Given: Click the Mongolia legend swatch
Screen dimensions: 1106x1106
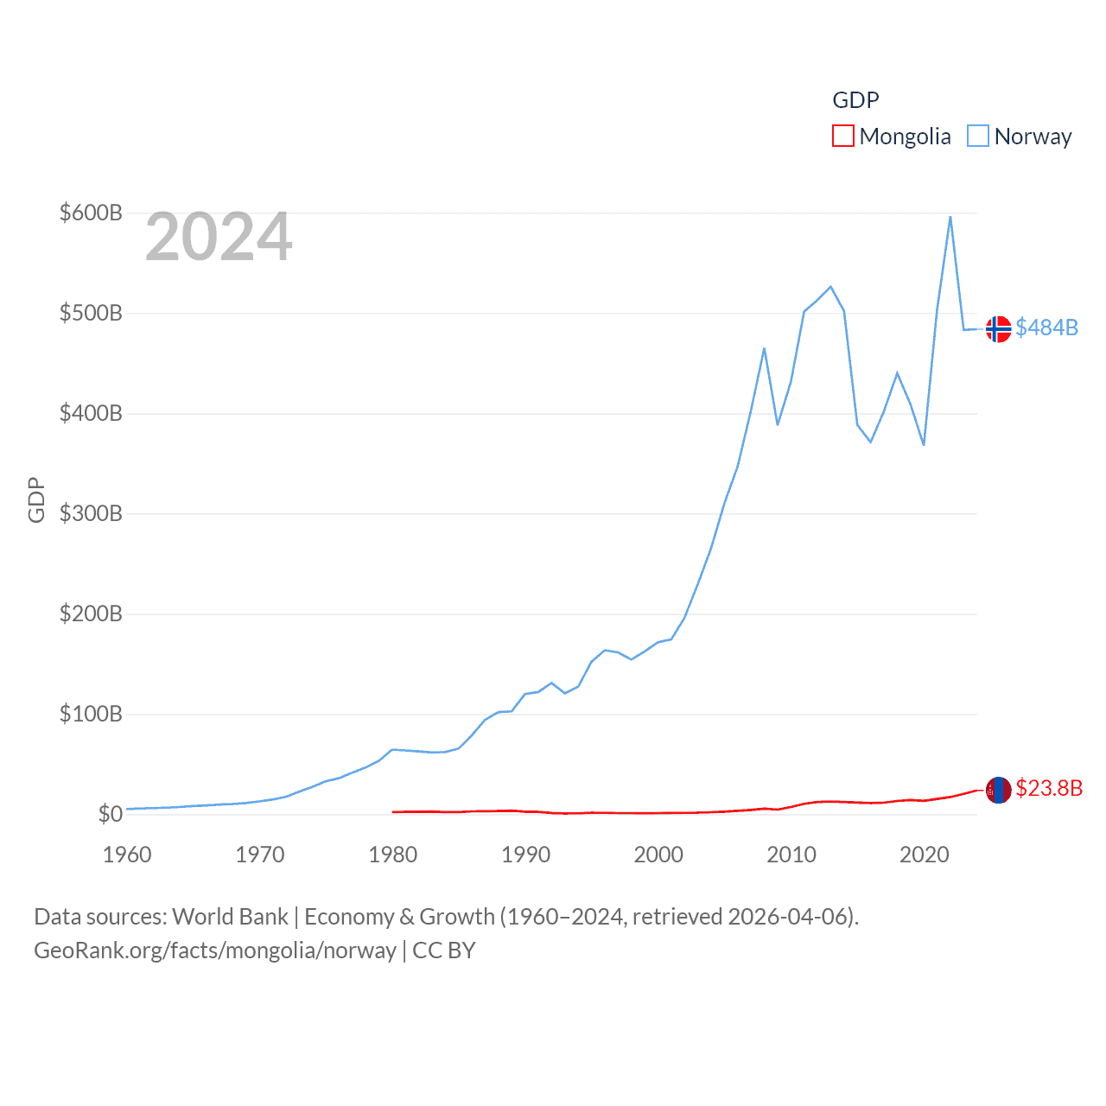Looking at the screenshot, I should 842,137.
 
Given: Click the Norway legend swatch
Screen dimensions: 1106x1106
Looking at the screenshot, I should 977,137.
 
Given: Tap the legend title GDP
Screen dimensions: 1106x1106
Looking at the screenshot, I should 855,100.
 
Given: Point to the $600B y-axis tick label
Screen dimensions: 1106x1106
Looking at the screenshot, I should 91,213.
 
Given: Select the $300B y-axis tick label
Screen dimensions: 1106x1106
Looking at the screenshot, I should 91,513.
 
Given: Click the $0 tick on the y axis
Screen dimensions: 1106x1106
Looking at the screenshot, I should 110,814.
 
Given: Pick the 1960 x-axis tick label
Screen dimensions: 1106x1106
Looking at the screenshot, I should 127,855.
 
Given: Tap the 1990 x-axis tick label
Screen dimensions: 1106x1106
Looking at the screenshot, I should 525,855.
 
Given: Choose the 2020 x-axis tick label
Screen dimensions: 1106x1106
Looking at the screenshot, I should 924,855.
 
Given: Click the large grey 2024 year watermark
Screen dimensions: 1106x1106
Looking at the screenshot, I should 219,237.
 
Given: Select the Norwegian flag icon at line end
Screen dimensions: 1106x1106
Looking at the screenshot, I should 998,329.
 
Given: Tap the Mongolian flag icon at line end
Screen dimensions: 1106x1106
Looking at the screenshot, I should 998,790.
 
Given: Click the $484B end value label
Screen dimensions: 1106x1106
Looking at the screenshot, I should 1046,327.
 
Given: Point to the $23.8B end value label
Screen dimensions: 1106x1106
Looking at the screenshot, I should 1049,788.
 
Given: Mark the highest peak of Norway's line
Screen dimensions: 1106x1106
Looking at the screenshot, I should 950,216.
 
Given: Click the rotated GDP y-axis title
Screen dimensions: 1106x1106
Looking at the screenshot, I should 36,499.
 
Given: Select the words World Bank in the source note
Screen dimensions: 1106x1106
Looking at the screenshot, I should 230,916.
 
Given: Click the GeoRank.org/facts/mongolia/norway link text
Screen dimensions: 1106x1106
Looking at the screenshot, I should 214,950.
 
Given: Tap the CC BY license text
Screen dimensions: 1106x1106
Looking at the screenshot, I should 444,950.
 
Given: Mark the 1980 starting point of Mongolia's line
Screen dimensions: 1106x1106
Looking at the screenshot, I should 393,812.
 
